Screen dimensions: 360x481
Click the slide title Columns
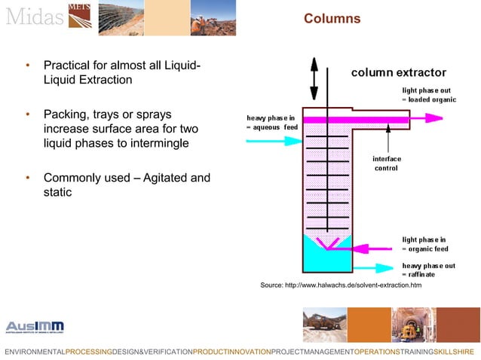pos(332,18)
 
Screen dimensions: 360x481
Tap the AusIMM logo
pos(35,327)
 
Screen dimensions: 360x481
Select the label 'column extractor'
pos(399,73)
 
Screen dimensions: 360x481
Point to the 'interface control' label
pos(387,163)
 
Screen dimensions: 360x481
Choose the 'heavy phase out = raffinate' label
pos(427,270)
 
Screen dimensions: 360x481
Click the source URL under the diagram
pos(341,286)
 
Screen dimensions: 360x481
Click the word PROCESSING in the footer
pos(88,352)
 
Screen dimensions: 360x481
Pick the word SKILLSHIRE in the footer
pos(454,352)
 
